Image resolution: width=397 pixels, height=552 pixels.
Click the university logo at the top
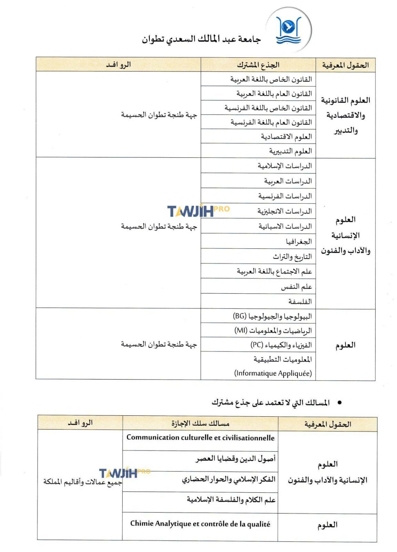(x=288, y=30)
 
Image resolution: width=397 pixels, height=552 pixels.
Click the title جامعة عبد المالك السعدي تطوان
(x=201, y=39)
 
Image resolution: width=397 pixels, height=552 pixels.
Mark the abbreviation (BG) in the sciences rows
(x=240, y=316)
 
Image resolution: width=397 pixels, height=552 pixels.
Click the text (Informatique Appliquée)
(x=273, y=373)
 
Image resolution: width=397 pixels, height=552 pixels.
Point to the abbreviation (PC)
(x=257, y=345)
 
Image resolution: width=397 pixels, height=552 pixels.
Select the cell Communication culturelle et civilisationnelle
(x=200, y=437)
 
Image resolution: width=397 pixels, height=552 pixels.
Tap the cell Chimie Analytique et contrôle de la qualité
(x=200, y=524)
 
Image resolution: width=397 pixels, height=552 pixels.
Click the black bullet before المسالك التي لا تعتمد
(x=339, y=402)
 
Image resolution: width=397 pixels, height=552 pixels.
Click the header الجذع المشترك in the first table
(x=258, y=65)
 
